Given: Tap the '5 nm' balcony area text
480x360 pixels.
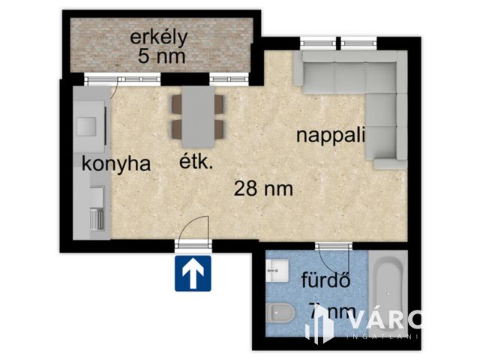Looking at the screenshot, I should click(162, 55).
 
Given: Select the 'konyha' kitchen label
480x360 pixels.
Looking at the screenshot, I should click(116, 164).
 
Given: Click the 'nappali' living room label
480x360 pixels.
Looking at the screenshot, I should click(331, 136).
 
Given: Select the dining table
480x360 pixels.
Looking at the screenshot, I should click(198, 116).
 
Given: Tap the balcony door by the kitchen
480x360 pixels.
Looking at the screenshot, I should click(121, 77).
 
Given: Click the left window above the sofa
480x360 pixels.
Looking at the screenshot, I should click(316, 42).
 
